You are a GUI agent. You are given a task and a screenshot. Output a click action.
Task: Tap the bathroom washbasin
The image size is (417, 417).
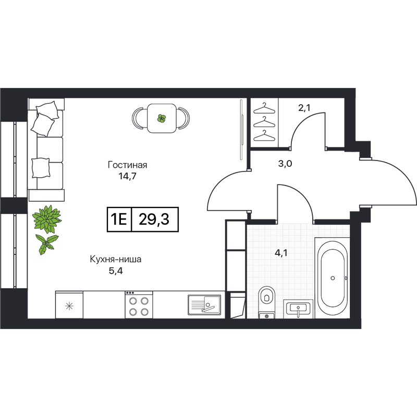point(298,309)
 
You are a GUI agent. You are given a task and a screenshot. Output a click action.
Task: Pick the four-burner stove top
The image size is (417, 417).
point(139,305)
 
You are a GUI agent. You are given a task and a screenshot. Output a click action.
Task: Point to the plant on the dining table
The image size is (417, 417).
point(162,119)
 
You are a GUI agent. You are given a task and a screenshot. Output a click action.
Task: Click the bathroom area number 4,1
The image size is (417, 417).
point(281,254)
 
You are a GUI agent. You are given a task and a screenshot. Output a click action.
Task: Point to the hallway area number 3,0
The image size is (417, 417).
point(285,164)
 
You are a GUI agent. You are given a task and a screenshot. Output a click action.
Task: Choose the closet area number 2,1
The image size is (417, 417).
point(304,108)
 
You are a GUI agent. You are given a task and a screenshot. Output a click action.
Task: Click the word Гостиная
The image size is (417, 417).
point(128,165)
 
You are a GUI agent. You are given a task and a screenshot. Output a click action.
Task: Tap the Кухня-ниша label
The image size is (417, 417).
point(115,259)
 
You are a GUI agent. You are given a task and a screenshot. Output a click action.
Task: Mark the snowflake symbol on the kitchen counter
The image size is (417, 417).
point(69,305)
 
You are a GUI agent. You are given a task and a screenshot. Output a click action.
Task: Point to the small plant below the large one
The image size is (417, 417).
point(47,242)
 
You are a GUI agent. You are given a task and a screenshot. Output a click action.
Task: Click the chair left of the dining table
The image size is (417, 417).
point(140,118)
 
